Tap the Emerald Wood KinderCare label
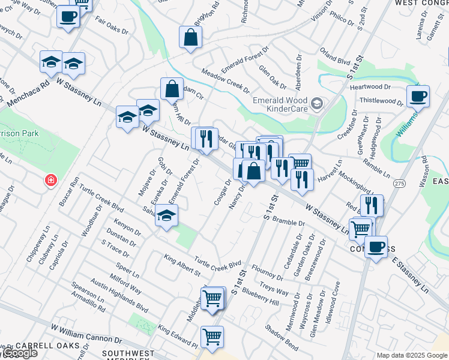pos(280,104)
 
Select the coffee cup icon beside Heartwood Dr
pos(418,96)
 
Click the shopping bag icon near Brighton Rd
pos(190,38)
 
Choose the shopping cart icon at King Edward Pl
pos(212,337)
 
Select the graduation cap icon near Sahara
pos(167,217)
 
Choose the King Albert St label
pos(182,266)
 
